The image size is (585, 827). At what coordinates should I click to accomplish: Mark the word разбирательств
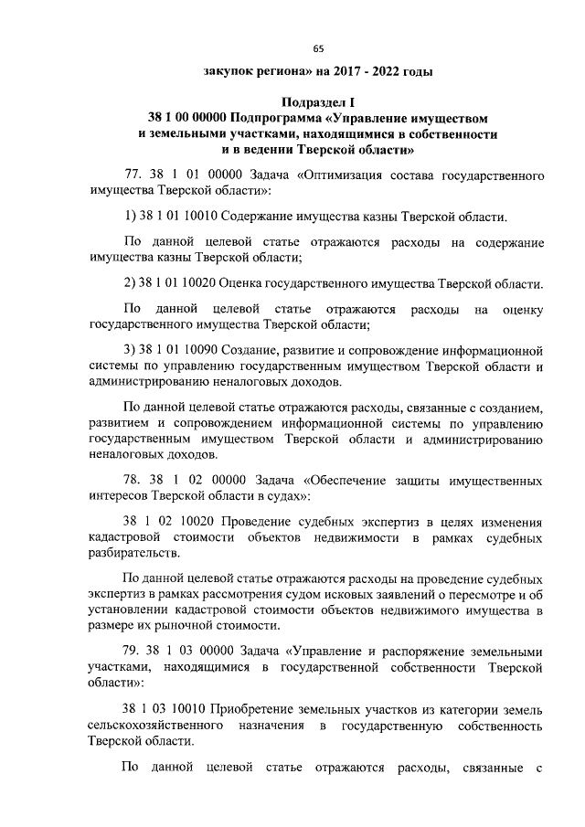134,554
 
